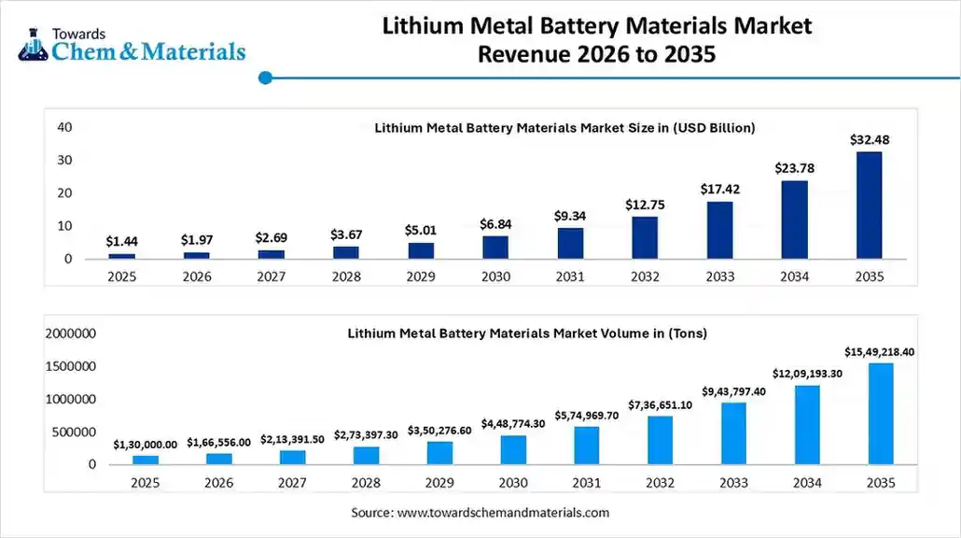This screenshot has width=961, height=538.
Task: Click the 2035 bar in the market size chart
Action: (x=869, y=205)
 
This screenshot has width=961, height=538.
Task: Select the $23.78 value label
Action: (x=794, y=168)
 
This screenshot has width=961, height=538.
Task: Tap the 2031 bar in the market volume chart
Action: (x=587, y=446)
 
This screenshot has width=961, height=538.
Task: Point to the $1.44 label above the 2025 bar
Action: (x=121, y=241)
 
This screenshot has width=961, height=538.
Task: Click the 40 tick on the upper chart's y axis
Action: (x=64, y=127)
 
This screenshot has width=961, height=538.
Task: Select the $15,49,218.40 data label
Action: (x=881, y=351)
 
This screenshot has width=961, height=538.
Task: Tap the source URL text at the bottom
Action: (x=480, y=513)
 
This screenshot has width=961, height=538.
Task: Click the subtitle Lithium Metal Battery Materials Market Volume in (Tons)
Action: (x=527, y=333)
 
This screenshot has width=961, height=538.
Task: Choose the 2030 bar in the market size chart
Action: (x=495, y=247)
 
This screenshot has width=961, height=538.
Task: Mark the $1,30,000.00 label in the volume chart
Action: (x=145, y=445)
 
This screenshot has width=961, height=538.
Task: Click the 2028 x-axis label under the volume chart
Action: (x=366, y=483)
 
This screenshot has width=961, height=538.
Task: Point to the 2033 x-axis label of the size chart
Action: (x=719, y=276)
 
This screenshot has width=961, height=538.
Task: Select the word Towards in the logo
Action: (x=78, y=33)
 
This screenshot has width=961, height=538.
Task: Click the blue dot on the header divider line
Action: (x=266, y=78)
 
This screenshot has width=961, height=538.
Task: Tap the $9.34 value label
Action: (x=570, y=217)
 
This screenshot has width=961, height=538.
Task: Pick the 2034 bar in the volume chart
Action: (x=807, y=425)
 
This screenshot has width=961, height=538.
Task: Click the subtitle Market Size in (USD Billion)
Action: (x=564, y=128)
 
